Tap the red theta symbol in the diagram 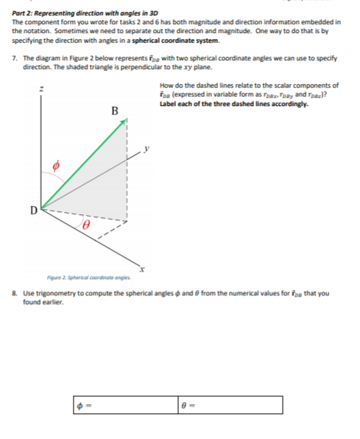(x=85, y=220)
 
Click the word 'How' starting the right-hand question (x=165, y=85)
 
